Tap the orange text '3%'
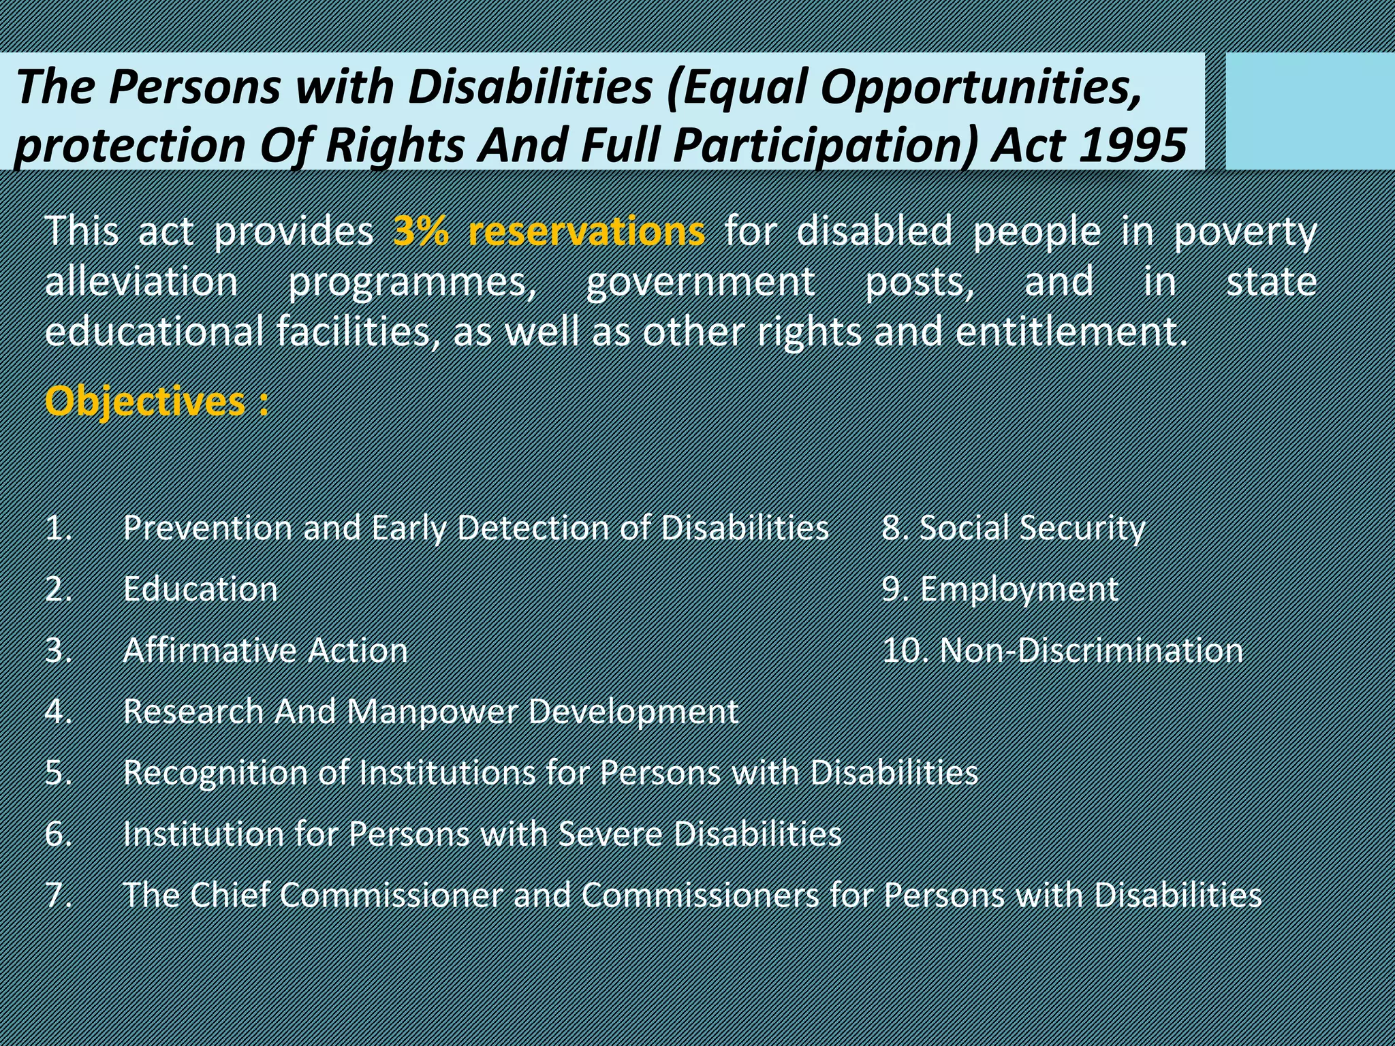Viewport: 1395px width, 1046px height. (421, 232)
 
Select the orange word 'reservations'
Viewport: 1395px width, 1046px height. (586, 232)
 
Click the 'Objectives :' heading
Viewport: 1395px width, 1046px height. (156, 401)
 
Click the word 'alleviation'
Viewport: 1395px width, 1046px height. (141, 282)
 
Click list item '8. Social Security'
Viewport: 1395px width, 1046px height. (1014, 528)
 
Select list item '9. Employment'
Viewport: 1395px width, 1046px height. (999, 589)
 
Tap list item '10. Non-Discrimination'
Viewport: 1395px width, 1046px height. (1062, 650)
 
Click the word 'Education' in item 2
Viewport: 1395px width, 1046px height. (200, 589)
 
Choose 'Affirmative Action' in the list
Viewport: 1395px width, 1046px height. (265, 650)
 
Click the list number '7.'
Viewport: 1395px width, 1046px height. (59, 895)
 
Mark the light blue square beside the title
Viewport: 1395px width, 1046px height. (1309, 111)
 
